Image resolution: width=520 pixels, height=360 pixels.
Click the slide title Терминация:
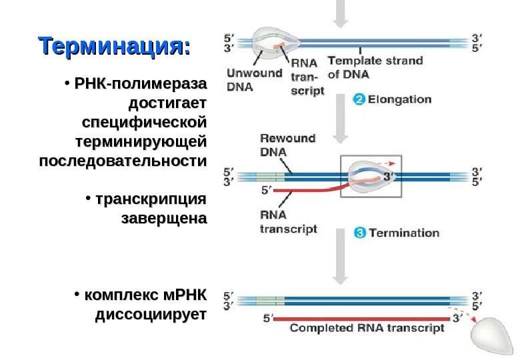115,47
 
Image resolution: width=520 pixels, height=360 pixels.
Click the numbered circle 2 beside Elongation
358,100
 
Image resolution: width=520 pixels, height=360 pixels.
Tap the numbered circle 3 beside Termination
359,233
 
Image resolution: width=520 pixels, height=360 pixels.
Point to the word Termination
404,233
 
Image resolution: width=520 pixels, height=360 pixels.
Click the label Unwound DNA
254,79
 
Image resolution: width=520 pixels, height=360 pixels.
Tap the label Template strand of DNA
375,67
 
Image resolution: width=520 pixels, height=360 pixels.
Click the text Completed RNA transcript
367,328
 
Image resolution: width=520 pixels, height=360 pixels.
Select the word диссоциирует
151,313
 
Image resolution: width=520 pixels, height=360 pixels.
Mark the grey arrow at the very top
341,13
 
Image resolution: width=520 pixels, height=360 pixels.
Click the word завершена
164,218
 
